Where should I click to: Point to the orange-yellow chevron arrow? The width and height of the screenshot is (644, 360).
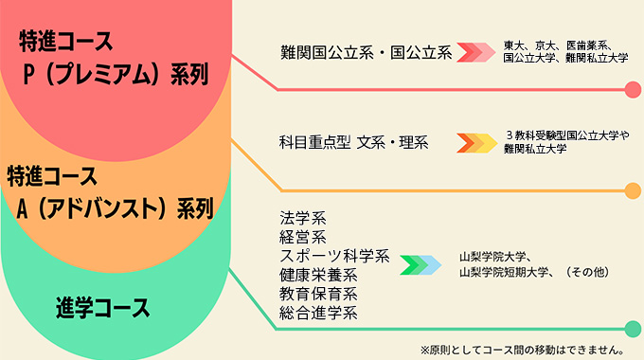tap(476, 143)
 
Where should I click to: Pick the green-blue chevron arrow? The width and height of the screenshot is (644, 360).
tap(420, 264)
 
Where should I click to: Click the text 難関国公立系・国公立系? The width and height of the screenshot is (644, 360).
tap(366, 52)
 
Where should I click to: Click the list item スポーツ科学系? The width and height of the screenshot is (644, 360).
tap(334, 256)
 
